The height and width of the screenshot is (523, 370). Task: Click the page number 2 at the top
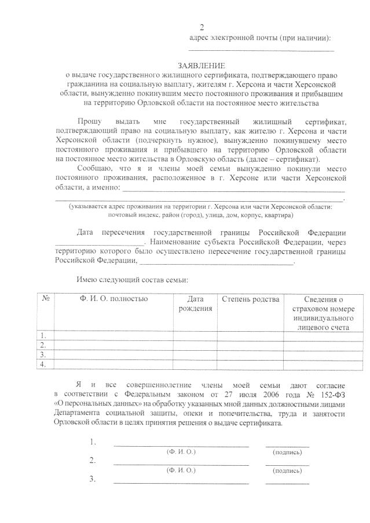202,28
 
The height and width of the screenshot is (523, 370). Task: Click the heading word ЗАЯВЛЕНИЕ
201,67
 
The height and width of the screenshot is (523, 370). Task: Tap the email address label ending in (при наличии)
261,38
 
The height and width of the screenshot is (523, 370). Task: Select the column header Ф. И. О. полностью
113,299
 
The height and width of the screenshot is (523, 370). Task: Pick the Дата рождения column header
196,304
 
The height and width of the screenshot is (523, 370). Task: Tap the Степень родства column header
250,299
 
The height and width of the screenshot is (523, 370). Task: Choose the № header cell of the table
45,299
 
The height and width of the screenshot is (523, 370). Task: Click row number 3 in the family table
42,354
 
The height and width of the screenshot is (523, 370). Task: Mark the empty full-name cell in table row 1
113,335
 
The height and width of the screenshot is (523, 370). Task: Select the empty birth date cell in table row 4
196,364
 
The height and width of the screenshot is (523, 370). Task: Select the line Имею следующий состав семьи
132,280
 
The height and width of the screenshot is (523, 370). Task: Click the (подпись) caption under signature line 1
287,451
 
